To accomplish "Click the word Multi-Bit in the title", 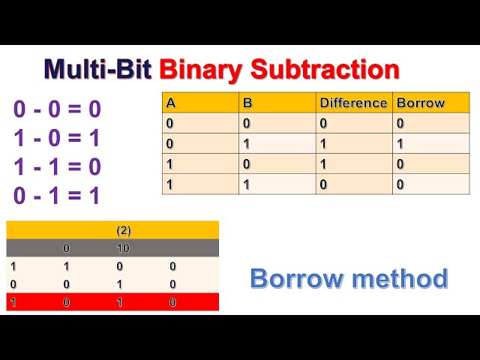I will (98, 69).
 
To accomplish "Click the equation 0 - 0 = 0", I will (57, 109).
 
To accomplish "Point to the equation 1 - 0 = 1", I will (57, 138).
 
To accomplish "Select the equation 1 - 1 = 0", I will (57, 166).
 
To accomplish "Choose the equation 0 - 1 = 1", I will (57, 195).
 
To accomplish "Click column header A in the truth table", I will (170, 103).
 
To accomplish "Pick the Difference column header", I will (353, 103).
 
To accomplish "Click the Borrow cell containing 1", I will (400, 143).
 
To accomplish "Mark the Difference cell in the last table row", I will (323, 184).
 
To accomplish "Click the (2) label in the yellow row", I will (124, 230).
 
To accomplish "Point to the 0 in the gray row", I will (66, 248).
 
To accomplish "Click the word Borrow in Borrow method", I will (295, 278).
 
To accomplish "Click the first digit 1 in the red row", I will (13, 302).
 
